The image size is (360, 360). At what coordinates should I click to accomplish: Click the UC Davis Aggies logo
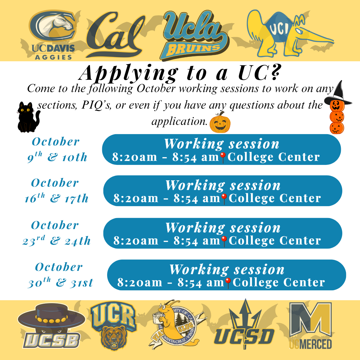(53, 35)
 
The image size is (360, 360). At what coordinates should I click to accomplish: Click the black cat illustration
(28, 117)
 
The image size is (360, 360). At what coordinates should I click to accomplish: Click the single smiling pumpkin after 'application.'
(220, 123)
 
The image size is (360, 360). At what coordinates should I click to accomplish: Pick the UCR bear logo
(113, 325)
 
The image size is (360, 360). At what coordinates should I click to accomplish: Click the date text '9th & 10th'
(57, 157)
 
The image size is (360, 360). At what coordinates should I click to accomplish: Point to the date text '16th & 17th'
(56, 198)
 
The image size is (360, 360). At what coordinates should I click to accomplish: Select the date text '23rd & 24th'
(57, 241)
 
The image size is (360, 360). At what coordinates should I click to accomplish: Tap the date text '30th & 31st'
(60, 282)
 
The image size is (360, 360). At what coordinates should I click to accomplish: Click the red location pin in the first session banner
(223, 157)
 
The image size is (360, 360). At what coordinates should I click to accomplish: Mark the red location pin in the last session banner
(228, 282)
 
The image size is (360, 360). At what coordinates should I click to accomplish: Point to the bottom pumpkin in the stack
(337, 128)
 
